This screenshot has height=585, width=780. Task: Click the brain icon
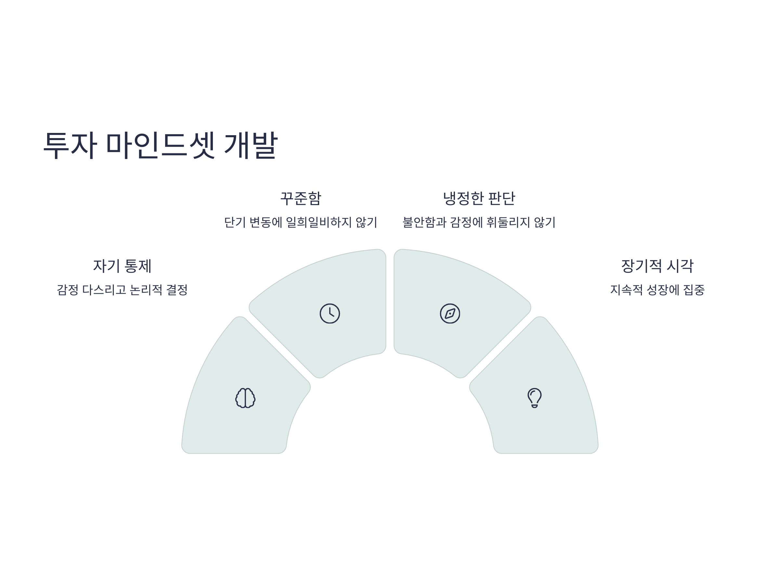click(x=245, y=398)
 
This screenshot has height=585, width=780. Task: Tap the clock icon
click(x=330, y=314)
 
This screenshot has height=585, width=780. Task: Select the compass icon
click(x=450, y=314)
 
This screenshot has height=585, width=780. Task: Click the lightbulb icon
click(x=535, y=398)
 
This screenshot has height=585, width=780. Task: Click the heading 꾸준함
click(x=301, y=198)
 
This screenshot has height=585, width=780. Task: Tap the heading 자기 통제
click(x=122, y=266)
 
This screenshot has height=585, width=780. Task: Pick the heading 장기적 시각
click(x=657, y=266)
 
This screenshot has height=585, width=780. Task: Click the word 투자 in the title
click(x=70, y=145)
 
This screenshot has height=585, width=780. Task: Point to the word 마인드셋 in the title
click(x=161, y=145)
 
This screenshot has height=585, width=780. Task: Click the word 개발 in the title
click(x=251, y=145)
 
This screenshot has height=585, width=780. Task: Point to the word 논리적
click(x=146, y=290)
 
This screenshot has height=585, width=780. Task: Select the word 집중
click(x=694, y=290)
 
